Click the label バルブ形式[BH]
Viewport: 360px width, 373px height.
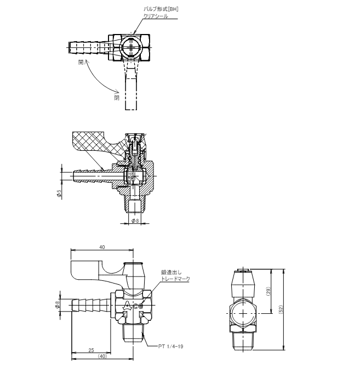(x=161, y=9)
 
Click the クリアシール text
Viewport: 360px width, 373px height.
(x=156, y=16)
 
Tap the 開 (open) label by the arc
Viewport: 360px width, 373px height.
(x=81, y=63)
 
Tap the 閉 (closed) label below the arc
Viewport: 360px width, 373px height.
(x=117, y=98)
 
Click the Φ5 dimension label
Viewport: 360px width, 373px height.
(x=59, y=194)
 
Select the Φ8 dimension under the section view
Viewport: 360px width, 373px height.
(x=135, y=221)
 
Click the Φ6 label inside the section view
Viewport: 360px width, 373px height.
(x=130, y=177)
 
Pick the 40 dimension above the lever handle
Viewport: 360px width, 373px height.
(x=102, y=247)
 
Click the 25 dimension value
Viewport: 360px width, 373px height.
(x=92, y=350)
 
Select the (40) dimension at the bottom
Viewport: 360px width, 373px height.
(x=102, y=357)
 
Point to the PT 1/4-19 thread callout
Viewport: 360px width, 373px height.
(x=171, y=346)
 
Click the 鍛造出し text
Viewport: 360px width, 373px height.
(x=171, y=273)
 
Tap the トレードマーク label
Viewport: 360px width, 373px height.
(x=175, y=279)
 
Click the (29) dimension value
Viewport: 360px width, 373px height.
(x=268, y=291)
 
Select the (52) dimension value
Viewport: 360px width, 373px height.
(x=281, y=309)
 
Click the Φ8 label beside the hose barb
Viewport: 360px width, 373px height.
(x=58, y=305)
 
